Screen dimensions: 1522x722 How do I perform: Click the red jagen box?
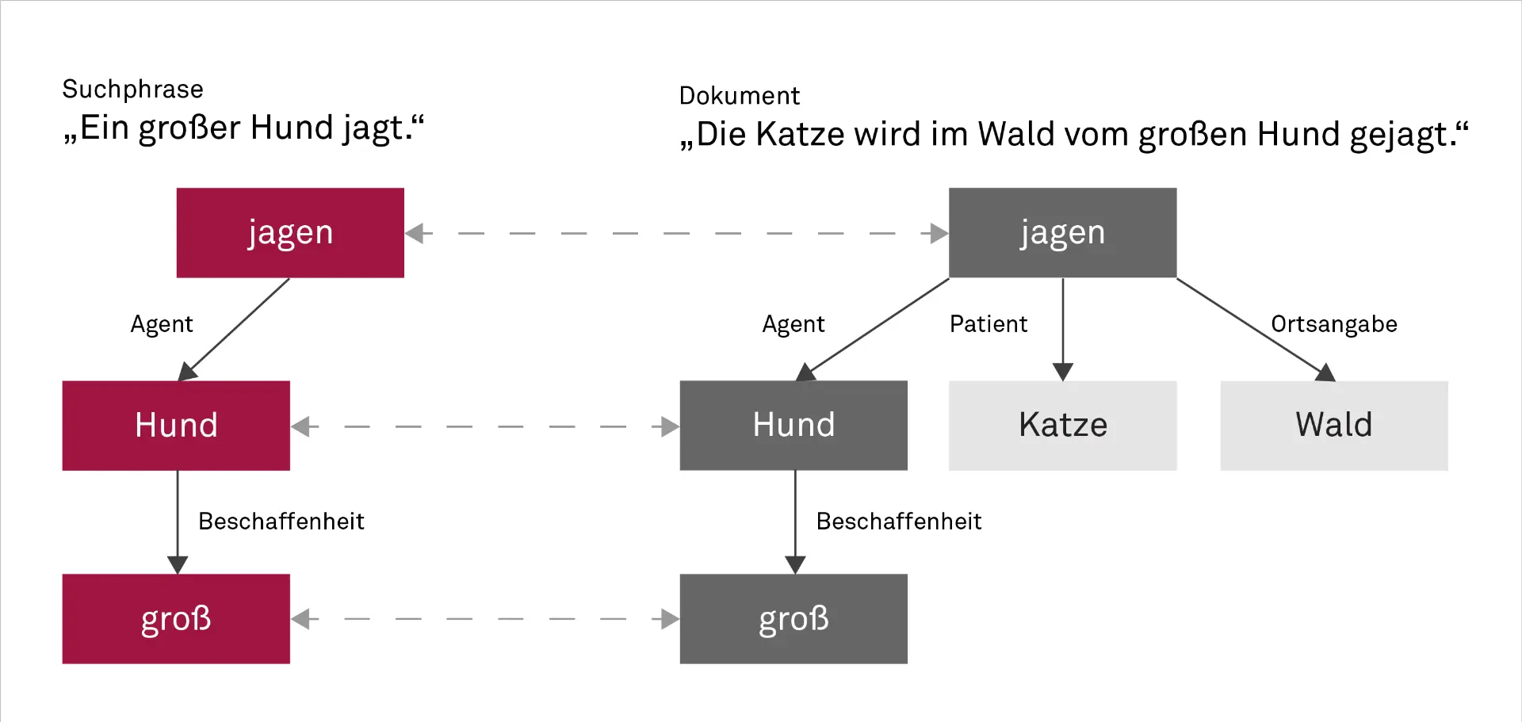point(290,233)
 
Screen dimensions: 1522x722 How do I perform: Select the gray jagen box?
point(1062,233)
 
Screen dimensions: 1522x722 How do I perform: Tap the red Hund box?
point(176,426)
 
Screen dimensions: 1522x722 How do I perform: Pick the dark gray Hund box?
point(794,426)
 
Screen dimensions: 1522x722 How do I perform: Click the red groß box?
point(176,619)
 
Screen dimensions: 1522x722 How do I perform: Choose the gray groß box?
point(794,619)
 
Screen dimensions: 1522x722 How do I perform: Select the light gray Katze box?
point(1062,426)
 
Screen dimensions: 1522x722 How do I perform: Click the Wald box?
point(1333,426)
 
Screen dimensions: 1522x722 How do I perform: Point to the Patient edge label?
point(989,324)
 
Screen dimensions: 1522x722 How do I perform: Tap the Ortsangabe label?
point(1333,324)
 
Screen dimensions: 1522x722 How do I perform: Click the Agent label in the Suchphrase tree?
point(162,324)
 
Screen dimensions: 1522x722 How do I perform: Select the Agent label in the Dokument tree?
point(794,324)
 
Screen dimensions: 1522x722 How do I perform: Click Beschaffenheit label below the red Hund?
point(281,521)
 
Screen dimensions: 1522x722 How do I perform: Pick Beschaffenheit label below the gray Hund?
point(899,521)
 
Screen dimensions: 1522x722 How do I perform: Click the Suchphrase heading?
point(132,90)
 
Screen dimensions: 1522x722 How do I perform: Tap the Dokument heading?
point(739,96)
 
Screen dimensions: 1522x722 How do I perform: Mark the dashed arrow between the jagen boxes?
point(676,234)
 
